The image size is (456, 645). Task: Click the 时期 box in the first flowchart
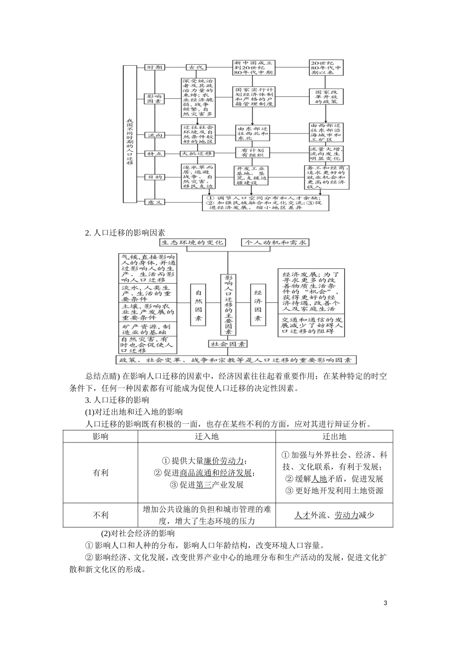[x=155, y=68]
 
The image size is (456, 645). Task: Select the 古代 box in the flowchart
[x=197, y=68]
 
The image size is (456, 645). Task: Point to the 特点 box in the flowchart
[x=155, y=154]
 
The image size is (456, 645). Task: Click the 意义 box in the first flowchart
[x=155, y=202]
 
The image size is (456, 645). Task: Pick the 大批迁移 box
[x=197, y=154]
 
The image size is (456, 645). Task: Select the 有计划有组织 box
[x=252, y=152]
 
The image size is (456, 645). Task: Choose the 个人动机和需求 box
[x=276, y=243]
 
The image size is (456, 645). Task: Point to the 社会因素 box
[x=228, y=344]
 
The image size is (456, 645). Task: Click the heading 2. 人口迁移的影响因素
[x=125, y=233]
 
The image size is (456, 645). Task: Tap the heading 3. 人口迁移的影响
[x=117, y=400]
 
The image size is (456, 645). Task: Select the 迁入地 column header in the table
[x=206, y=436]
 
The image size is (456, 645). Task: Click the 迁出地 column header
[x=334, y=436]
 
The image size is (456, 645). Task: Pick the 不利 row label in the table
[x=100, y=515]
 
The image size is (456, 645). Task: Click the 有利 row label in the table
[x=100, y=473]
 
